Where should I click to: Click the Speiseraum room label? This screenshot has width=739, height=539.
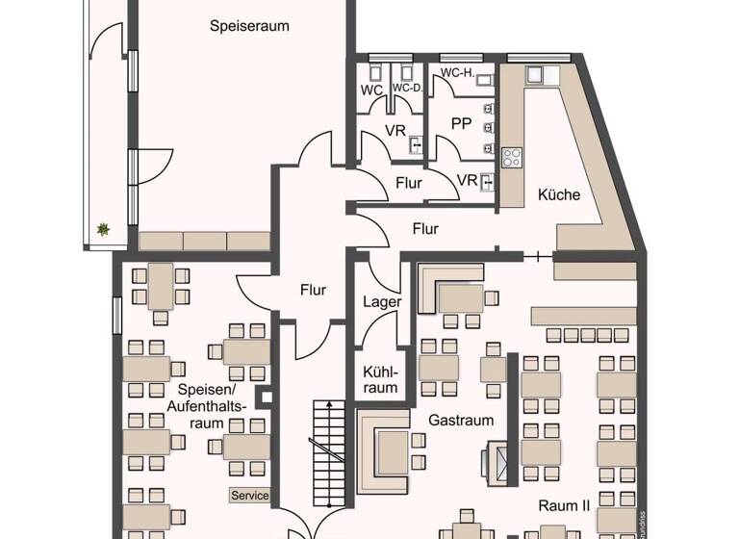(x=249, y=26)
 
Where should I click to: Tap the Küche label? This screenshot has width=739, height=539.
(x=559, y=194)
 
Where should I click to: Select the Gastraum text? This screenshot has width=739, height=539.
(x=461, y=420)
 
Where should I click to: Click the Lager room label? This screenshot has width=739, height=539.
(x=382, y=301)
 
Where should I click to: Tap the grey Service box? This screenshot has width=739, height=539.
(x=249, y=496)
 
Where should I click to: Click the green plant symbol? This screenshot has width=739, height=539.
(x=102, y=229)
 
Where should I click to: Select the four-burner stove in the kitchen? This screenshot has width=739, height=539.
(x=512, y=157)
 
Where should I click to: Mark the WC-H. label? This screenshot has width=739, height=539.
(x=457, y=73)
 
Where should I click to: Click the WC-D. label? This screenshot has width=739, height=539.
(x=407, y=89)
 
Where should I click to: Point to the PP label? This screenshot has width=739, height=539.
(x=461, y=124)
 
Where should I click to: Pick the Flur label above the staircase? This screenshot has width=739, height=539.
(x=313, y=289)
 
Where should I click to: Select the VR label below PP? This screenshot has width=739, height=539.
(x=467, y=180)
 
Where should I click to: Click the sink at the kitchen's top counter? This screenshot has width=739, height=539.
(x=534, y=74)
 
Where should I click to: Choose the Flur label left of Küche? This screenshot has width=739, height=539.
(x=425, y=229)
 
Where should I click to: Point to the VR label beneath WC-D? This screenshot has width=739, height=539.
(x=395, y=130)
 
